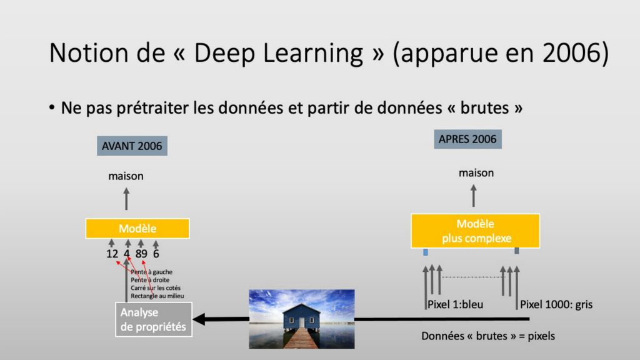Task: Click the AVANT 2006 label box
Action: [132, 146]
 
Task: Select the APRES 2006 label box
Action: [467, 139]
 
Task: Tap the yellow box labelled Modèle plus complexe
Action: [475, 231]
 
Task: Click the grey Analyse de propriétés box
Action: [154, 319]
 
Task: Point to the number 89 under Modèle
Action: [141, 254]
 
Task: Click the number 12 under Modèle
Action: [112, 254]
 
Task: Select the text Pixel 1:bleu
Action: [455, 304]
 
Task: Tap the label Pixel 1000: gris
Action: [556, 304]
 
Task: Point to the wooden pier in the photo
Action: [301, 338]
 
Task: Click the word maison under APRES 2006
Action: [476, 173]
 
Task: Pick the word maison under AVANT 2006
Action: [126, 176]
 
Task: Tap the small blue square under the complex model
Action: [425, 252]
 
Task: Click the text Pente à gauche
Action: [151, 272]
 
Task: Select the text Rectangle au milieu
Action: [157, 296]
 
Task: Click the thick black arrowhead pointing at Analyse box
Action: [199, 319]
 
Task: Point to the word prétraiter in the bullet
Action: [153, 108]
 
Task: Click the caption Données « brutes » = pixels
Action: [487, 336]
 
